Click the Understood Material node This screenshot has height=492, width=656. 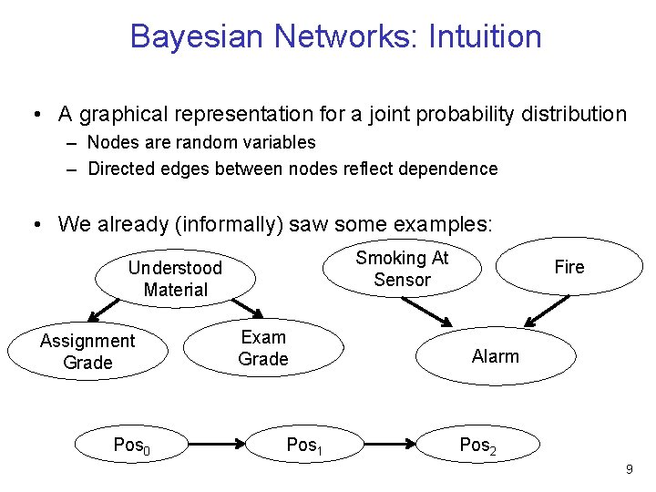pyautogui.click(x=175, y=279)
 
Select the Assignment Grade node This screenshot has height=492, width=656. pyautogui.click(x=87, y=352)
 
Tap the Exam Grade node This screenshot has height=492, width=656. pyautogui.click(x=263, y=348)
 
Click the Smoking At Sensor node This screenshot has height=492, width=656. pyautogui.click(x=402, y=269)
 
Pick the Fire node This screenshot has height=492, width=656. pyautogui.click(x=569, y=267)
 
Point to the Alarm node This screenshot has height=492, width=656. pyautogui.click(x=496, y=356)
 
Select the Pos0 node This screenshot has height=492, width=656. pyautogui.click(x=131, y=446)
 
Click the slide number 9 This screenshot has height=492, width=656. pyautogui.click(x=629, y=469)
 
